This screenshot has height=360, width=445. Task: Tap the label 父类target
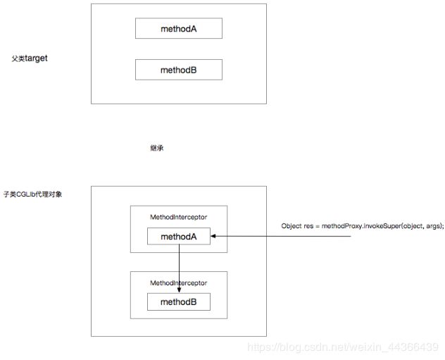click(x=30, y=58)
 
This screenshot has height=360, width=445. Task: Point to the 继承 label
click(x=156, y=148)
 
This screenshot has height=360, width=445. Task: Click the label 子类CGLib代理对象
click(x=32, y=194)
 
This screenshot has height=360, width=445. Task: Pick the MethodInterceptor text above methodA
click(x=179, y=217)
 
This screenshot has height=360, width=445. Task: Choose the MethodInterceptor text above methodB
click(x=179, y=283)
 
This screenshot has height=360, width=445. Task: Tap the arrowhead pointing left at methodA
click(x=213, y=236)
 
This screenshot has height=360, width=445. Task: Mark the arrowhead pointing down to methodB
click(x=179, y=290)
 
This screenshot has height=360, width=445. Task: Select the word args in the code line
click(x=433, y=226)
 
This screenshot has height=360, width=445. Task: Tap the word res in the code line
click(x=308, y=226)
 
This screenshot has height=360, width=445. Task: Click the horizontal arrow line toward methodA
click(x=281, y=236)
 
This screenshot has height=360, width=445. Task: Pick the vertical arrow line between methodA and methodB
click(x=179, y=268)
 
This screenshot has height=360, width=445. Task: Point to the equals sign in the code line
click(x=318, y=226)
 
